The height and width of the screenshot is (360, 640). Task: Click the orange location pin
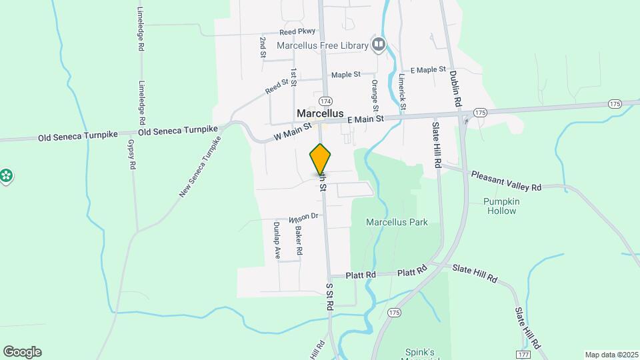(x=321, y=159)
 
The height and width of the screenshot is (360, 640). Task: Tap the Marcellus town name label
(x=320, y=113)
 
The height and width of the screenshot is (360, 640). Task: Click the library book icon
(x=379, y=45)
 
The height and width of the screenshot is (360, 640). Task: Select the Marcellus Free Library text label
(x=323, y=45)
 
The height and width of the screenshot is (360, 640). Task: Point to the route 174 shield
(x=325, y=101)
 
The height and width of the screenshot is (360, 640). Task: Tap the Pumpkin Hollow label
(x=501, y=206)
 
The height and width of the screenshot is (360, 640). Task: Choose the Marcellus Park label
(x=397, y=223)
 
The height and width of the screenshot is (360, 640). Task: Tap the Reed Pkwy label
(x=297, y=32)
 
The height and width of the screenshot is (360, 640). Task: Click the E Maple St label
(x=428, y=69)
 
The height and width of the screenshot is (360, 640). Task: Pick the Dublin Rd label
(x=455, y=89)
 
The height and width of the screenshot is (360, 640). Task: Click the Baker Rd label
(x=299, y=241)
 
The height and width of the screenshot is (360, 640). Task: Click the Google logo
(x=22, y=352)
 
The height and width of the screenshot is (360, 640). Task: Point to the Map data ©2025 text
(x=611, y=355)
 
